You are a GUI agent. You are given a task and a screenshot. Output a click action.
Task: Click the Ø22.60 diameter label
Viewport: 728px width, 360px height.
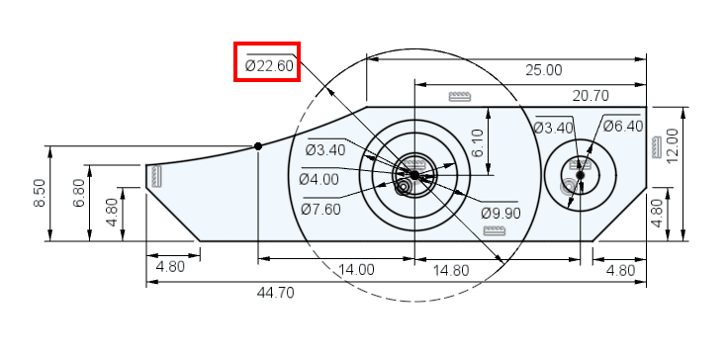point(269,66)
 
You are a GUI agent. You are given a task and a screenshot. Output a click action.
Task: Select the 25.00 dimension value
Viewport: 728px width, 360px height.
point(544,70)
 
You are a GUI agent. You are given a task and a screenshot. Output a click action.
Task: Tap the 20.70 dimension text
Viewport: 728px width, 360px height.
point(591,96)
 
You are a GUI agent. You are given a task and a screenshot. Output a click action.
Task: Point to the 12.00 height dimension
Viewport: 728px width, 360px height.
point(673,145)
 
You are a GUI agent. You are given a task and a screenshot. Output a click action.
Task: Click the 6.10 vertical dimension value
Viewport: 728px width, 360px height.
point(478,143)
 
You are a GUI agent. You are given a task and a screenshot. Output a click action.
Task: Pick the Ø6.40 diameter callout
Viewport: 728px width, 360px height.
point(622,126)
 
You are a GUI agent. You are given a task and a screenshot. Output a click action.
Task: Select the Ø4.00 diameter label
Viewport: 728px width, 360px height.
point(318,179)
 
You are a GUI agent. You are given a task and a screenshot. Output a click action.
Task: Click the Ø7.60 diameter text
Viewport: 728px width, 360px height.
point(320,210)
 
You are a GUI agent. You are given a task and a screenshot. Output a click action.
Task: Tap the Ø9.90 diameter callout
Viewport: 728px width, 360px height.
point(500,214)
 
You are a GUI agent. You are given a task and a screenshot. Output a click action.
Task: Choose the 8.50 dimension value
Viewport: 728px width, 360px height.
point(40,193)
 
